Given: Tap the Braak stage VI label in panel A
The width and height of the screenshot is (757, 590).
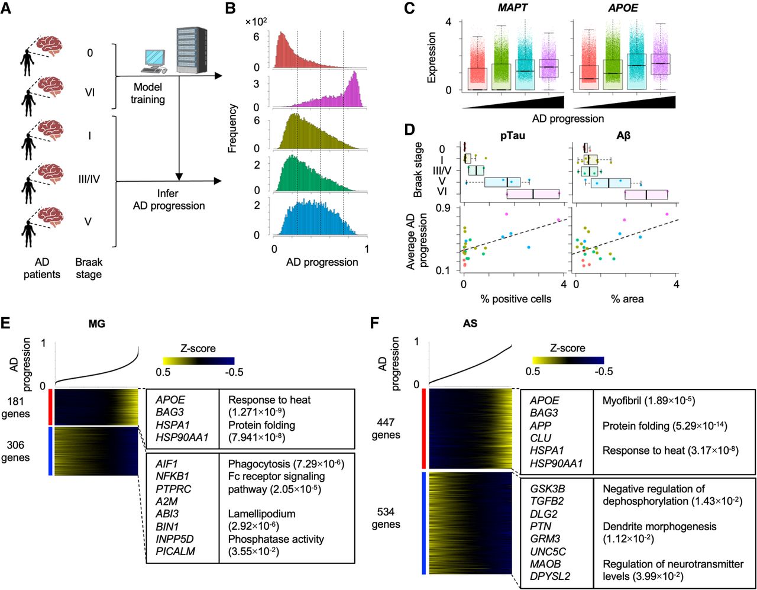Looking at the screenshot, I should click(x=89, y=92).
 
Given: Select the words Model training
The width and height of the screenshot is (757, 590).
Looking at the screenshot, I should click(x=147, y=93).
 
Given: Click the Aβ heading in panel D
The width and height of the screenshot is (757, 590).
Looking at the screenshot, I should click(x=623, y=136).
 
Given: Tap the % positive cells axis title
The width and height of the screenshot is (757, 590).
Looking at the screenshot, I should click(x=516, y=299).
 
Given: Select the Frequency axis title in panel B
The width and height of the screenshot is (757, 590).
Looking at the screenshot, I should click(x=232, y=128).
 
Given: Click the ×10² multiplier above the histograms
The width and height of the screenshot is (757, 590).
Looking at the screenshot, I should click(x=256, y=22).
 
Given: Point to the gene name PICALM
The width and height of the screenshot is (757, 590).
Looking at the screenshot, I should click(x=174, y=552).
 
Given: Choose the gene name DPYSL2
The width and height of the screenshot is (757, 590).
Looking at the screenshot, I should click(x=550, y=576).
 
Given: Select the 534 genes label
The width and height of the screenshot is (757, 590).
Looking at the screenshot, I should click(x=386, y=518).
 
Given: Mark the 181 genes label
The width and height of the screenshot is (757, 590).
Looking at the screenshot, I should click(x=15, y=407).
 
